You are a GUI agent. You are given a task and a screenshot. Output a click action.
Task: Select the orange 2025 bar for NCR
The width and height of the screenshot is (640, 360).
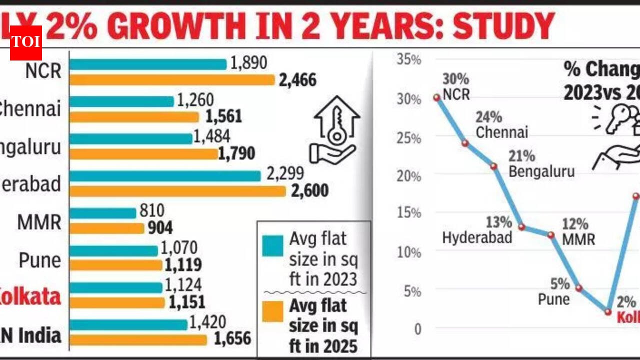pos(172,80)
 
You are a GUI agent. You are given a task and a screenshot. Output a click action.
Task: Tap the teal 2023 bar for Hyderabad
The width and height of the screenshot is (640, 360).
pos(165,176)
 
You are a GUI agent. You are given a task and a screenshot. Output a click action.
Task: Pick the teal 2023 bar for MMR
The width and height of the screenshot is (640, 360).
pos(103,213)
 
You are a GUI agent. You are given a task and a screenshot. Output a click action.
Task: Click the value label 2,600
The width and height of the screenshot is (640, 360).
pos(310,190)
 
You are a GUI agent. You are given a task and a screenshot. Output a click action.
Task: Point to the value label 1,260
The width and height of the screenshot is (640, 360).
pos(195,100)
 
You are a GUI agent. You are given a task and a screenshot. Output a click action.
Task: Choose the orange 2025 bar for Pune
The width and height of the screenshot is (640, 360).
pos(116,265)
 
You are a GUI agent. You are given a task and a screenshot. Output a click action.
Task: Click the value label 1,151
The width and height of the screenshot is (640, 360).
pos(186,302)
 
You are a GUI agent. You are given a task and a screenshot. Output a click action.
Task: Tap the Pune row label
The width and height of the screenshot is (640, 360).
pos(40,260)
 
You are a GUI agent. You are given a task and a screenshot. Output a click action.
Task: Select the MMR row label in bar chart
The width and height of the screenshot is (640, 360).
pos(39,222)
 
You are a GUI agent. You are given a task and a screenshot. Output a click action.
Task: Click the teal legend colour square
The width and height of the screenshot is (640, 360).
pos(272,245)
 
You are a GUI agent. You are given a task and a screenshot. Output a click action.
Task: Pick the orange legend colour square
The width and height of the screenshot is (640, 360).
pos(272,312)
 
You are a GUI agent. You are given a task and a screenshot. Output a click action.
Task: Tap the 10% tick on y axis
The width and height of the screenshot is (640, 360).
pos(408,252)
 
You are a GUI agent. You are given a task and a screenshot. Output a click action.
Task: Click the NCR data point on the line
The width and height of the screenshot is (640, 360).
pos(436,97)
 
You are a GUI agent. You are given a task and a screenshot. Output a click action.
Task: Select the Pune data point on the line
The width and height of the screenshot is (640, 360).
pos(578,288)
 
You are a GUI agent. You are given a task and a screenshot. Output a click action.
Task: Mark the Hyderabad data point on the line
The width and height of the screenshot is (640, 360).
pos(521,227)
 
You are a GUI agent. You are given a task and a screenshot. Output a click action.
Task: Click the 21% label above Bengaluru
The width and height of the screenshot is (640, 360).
pos(522,156)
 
